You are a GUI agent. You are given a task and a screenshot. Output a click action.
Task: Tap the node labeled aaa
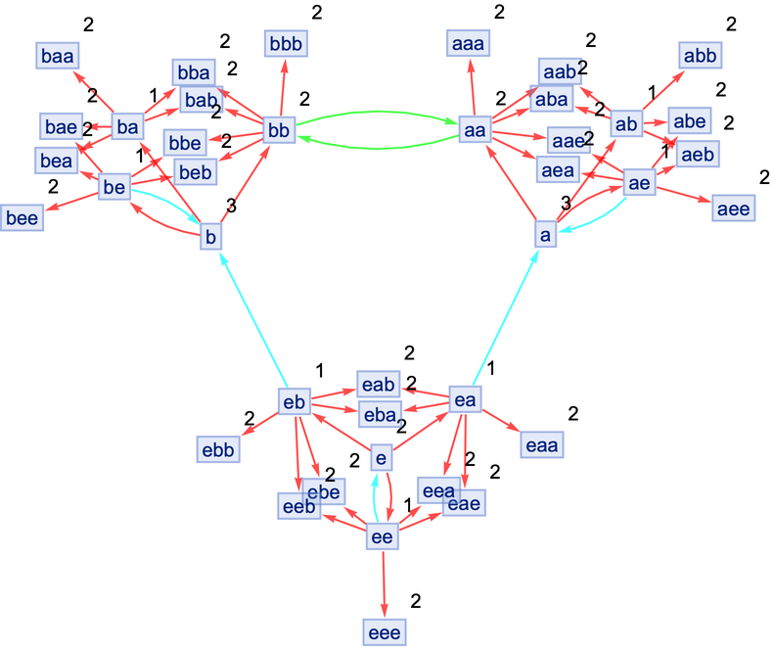(470, 43)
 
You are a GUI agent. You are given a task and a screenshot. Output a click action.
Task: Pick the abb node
(701, 55)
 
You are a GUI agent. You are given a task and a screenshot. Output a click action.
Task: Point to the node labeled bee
(22, 217)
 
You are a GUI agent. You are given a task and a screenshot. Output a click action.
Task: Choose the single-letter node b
(210, 236)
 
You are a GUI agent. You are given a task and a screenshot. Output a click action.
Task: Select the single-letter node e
(384, 456)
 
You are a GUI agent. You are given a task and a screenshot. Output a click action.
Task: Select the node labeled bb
(279, 128)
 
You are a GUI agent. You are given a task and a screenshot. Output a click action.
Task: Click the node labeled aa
(475, 128)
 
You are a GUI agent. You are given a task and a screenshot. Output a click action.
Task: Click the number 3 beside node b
(231, 206)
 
